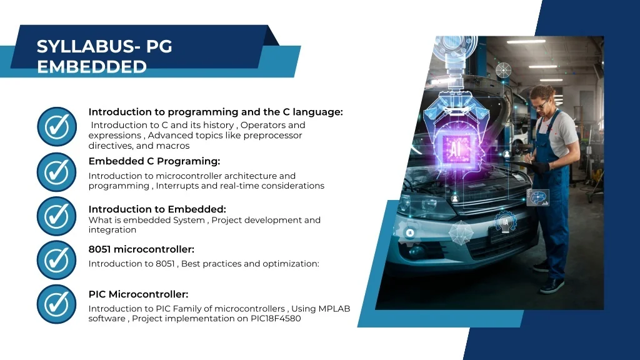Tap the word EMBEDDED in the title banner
pos(92,67)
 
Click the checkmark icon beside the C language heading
pos(57,126)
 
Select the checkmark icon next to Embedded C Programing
pos(57,172)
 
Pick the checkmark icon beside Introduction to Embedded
pos(57,216)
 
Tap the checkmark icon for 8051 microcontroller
pos(57,260)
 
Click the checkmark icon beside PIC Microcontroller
pos(57,304)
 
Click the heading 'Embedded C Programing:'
pos(154,161)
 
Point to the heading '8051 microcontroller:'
pos(141,249)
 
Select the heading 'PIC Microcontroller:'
pos(138,294)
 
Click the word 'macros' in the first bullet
pos(174,146)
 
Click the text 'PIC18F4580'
pos(276,318)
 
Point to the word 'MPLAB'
pos(334,309)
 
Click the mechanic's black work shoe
pos(552,286)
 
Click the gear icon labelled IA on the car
pos(505,222)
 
